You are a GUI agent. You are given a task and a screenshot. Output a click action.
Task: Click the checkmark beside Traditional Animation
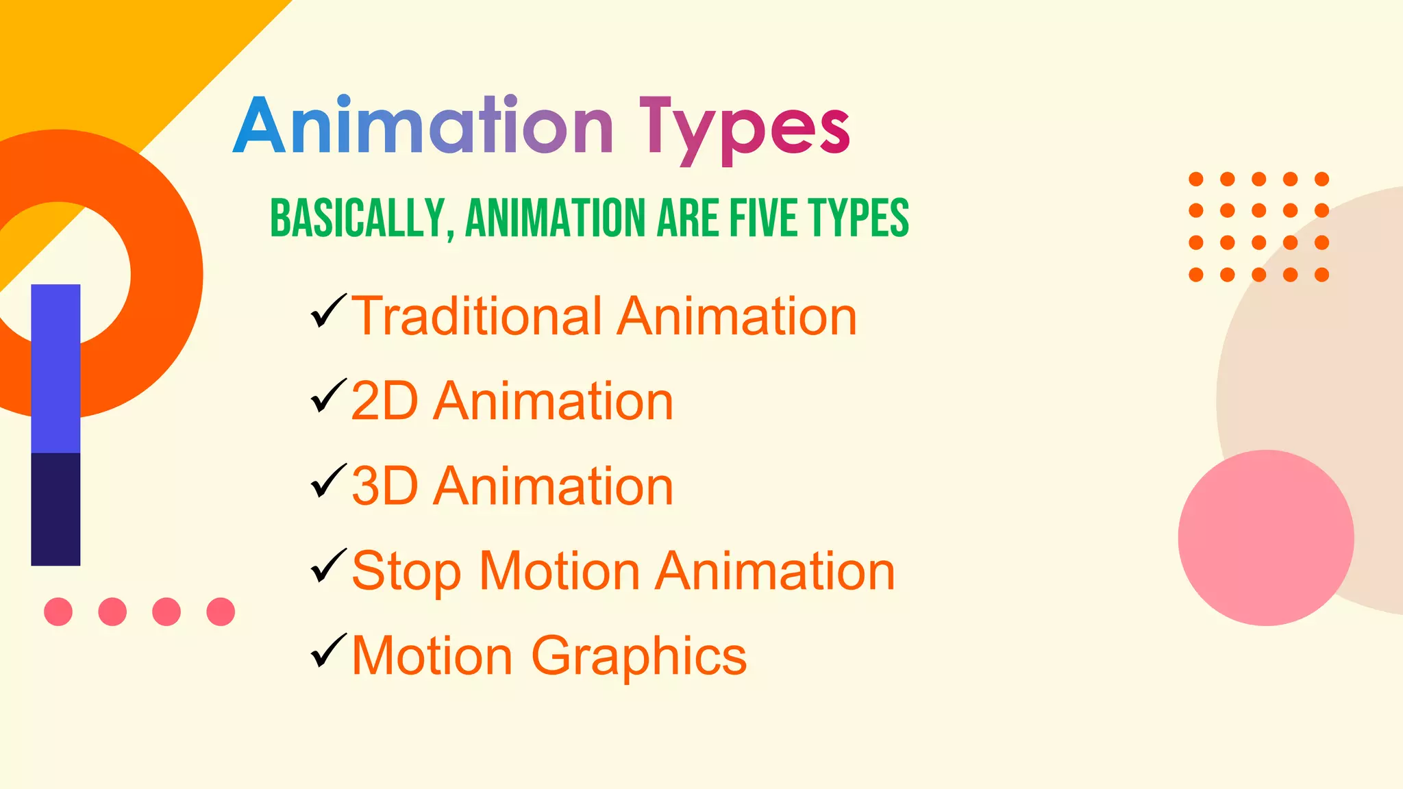(x=328, y=311)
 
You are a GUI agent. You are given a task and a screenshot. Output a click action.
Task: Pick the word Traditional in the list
(x=477, y=316)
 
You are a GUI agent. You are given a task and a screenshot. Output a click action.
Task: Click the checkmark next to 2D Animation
(x=328, y=396)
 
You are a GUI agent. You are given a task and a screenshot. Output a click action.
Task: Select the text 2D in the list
(x=384, y=401)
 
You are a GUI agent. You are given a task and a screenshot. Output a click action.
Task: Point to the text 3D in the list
(x=384, y=486)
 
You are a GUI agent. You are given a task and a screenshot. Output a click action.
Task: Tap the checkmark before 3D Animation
(x=328, y=481)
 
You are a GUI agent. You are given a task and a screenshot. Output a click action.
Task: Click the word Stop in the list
(x=406, y=571)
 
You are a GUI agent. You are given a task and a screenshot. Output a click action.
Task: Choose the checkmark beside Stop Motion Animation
(x=328, y=566)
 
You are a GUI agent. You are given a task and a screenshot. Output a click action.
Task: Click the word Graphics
(x=638, y=656)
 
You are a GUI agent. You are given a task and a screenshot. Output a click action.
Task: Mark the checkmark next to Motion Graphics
(x=328, y=651)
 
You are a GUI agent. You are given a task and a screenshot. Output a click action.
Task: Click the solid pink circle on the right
(x=1265, y=538)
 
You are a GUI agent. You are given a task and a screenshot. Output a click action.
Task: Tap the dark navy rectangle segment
(x=55, y=509)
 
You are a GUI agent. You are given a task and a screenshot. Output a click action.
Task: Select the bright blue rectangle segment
(x=55, y=368)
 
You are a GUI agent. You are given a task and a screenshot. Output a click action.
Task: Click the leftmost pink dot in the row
(x=58, y=612)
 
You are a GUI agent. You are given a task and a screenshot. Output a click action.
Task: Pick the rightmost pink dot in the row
(x=221, y=612)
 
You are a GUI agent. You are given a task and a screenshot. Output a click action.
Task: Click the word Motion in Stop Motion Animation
(x=559, y=571)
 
